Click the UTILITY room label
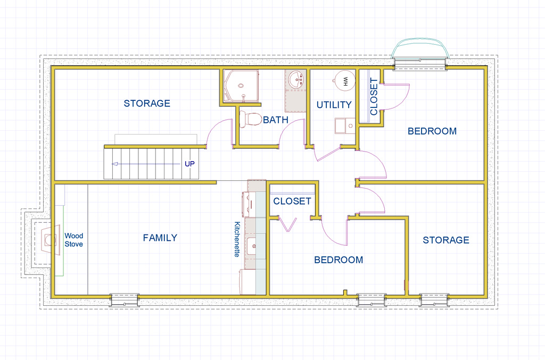[x=334, y=105]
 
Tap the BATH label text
[x=276, y=120]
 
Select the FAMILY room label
[x=160, y=238]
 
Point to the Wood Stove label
[x=74, y=240]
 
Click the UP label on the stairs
[x=189, y=164]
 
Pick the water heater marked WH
[x=344, y=81]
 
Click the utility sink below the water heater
[x=344, y=126]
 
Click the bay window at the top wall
[x=419, y=56]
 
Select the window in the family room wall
[x=124, y=300]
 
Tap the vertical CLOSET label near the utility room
[x=374, y=96]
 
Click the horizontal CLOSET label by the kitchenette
[x=292, y=201]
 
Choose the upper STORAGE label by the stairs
[x=147, y=103]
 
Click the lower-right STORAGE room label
[x=446, y=240]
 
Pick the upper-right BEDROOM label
[x=432, y=131]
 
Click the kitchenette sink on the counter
[x=251, y=246]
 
